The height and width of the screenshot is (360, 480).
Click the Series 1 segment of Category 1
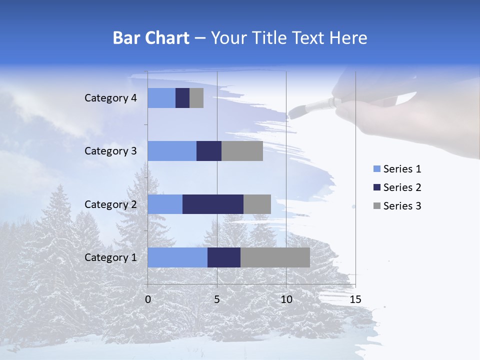(177, 257)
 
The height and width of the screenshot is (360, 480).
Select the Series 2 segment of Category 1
(224, 257)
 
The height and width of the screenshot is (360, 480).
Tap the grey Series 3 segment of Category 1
(275, 257)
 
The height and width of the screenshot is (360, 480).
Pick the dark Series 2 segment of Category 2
(213, 204)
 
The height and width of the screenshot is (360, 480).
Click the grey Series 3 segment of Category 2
(257, 204)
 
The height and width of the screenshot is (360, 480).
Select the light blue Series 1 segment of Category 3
(172, 151)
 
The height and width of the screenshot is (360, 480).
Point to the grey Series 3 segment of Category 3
(242, 151)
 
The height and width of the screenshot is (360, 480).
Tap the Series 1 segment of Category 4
(161, 98)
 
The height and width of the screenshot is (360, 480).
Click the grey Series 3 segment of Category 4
(196, 98)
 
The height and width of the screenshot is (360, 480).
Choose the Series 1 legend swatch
(376, 169)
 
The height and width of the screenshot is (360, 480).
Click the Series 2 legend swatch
(376, 187)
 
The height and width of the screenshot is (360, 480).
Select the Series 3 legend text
(402, 205)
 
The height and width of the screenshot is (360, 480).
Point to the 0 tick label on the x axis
(148, 299)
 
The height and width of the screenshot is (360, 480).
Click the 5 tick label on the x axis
(217, 299)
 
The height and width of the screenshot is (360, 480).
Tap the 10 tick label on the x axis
(286, 299)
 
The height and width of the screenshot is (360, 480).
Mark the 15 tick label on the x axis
(355, 299)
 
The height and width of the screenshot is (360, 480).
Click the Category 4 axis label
(110, 98)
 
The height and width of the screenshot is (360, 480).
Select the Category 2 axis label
(110, 204)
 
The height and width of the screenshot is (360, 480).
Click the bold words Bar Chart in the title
(150, 38)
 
